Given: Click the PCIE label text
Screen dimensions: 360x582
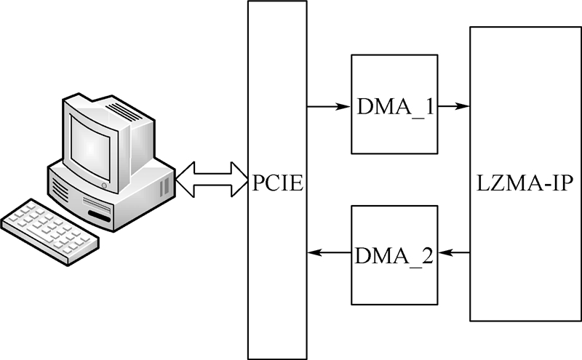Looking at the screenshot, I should [278, 180].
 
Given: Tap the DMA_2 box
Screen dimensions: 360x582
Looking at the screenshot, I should [394, 255].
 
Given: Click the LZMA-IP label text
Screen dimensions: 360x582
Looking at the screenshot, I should [525, 180].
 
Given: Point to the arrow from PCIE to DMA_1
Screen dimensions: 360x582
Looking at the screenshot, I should [328, 107].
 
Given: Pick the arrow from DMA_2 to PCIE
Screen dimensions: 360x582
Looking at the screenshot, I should [328, 253].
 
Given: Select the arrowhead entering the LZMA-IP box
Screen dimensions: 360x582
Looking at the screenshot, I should [463, 107].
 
